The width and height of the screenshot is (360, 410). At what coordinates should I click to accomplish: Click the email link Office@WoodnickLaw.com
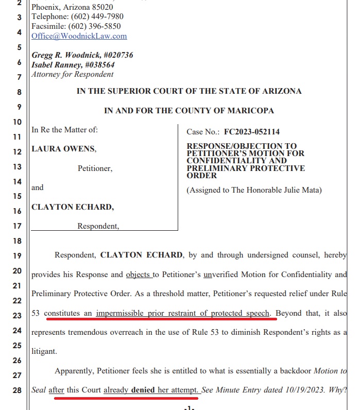79,36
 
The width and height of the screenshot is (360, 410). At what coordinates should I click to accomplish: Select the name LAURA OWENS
63,149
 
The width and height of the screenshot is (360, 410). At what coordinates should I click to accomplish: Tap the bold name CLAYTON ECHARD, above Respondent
73,207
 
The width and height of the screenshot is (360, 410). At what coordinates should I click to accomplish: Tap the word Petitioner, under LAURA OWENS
95,168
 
